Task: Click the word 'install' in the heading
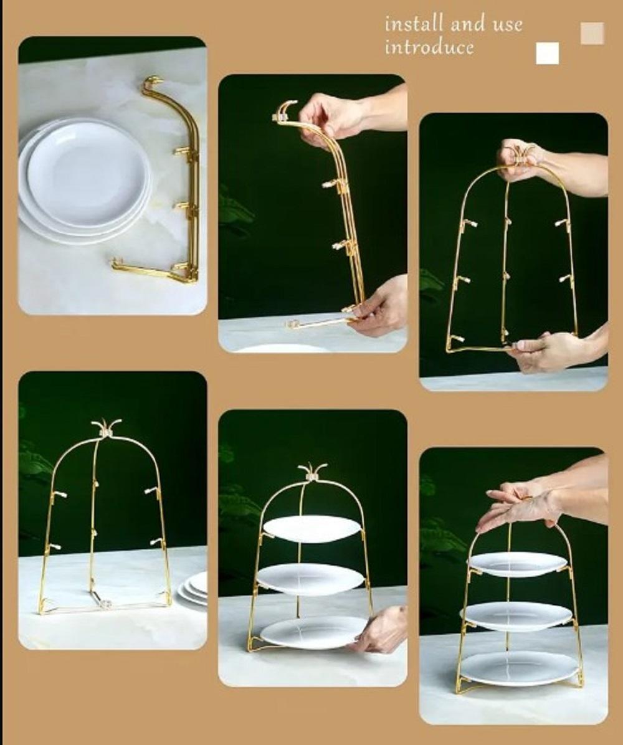coord(414,25)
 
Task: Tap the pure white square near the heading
coord(547,54)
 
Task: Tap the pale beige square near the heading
coord(592,33)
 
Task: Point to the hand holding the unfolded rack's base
coord(548,352)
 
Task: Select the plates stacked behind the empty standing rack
coord(193,589)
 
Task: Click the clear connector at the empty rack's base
coord(106,603)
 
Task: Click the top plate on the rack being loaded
coord(311,528)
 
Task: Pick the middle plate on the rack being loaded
coord(310,579)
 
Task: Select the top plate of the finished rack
coord(517,563)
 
